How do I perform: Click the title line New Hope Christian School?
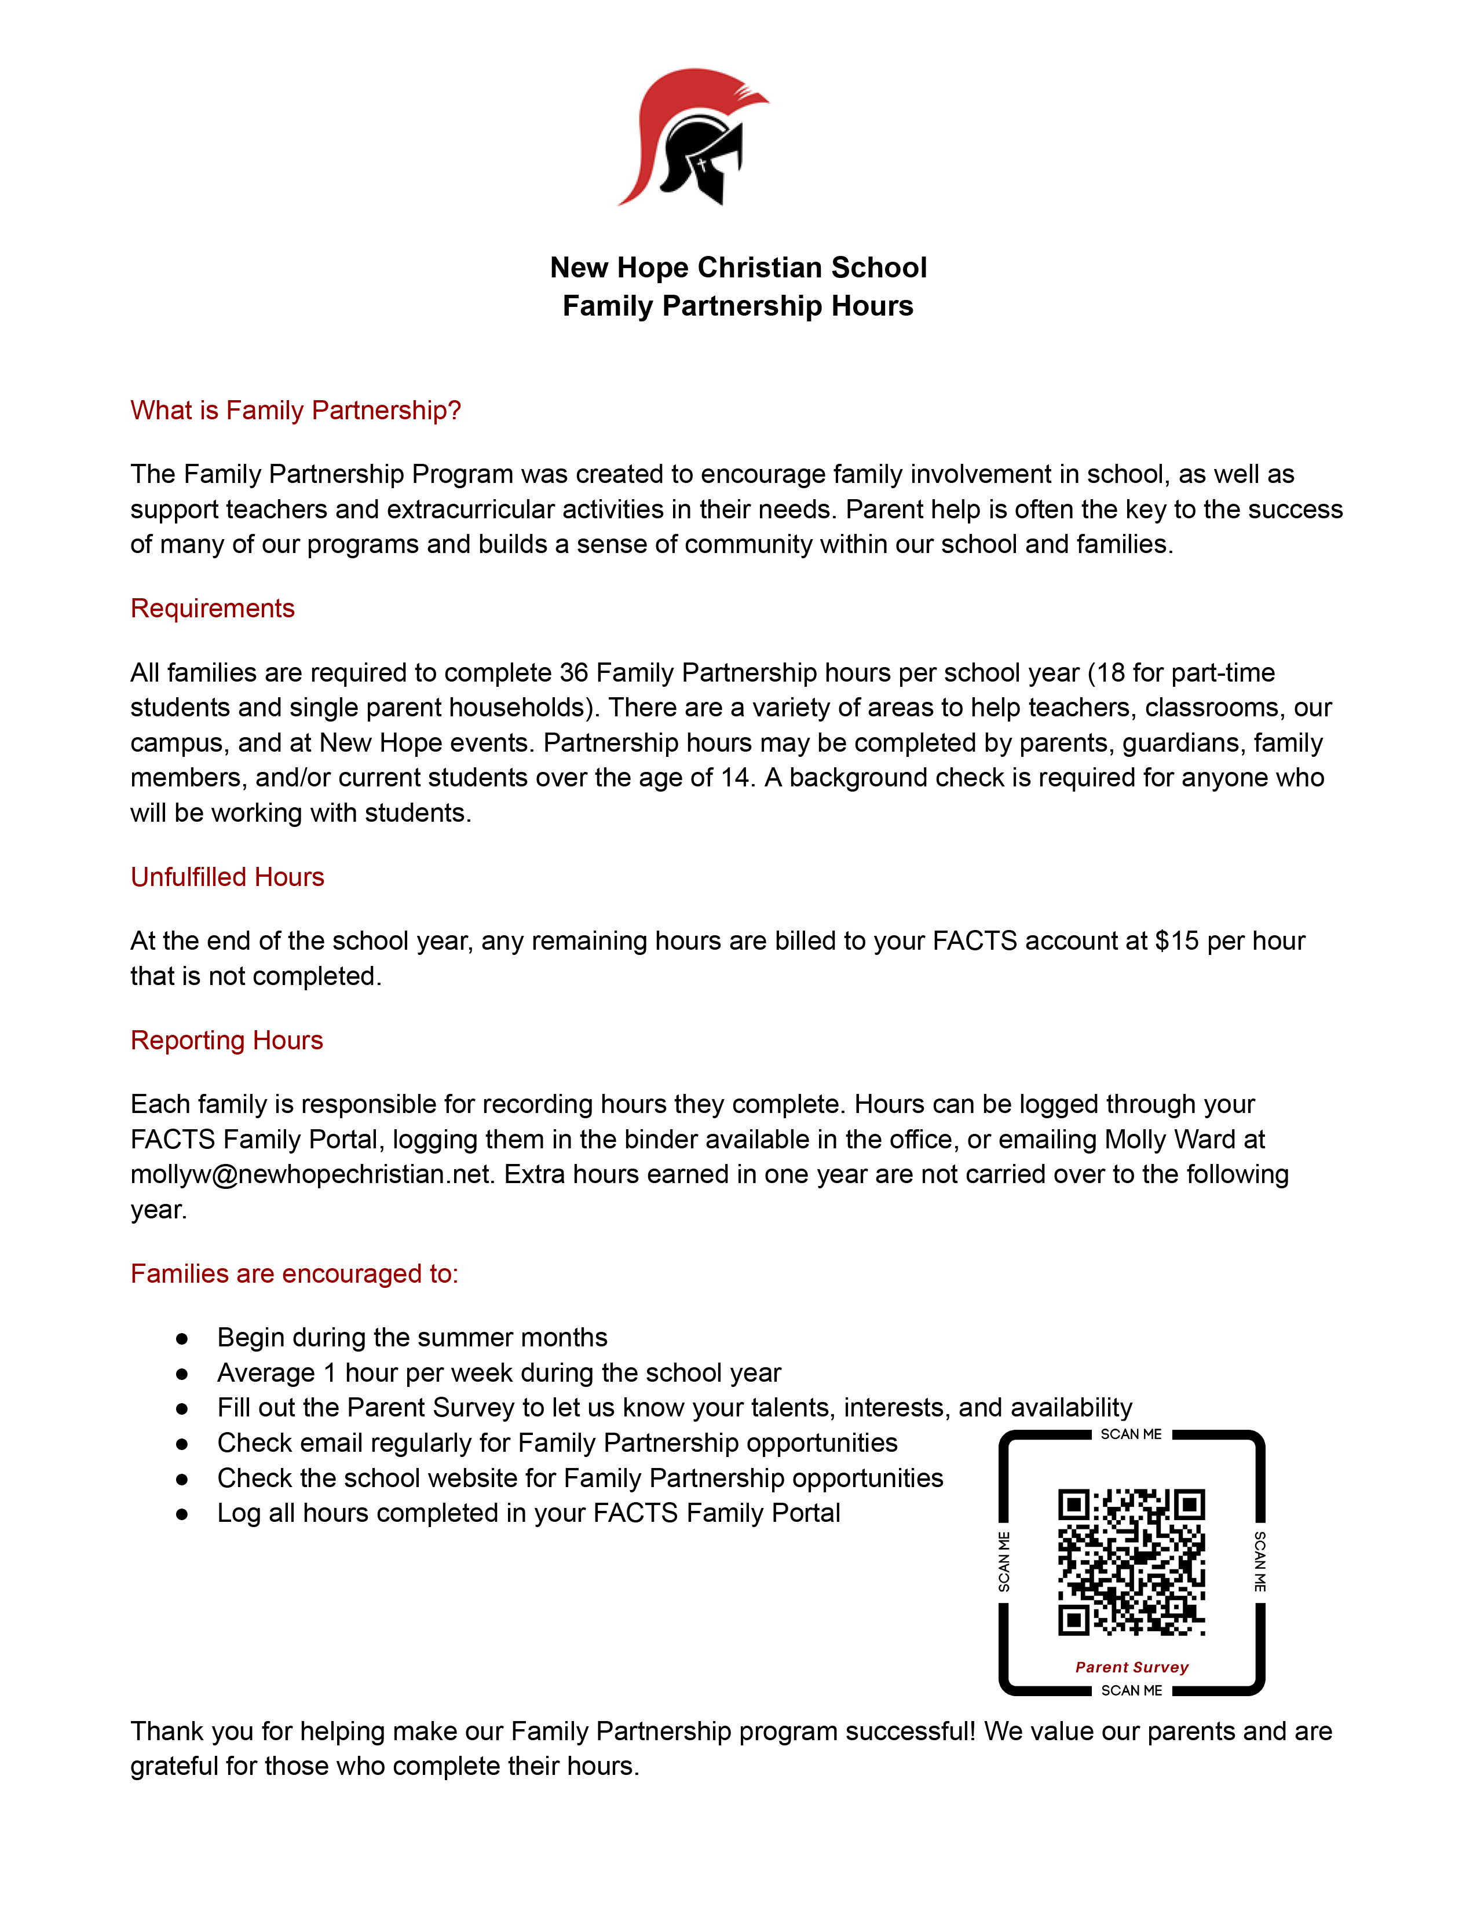point(737,268)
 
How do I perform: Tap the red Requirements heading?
point(212,609)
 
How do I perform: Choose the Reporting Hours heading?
point(226,1041)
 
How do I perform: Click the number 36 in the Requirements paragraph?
point(574,673)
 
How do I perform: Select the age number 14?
point(735,778)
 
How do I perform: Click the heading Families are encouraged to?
point(294,1274)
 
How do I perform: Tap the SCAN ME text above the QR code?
point(1131,1435)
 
